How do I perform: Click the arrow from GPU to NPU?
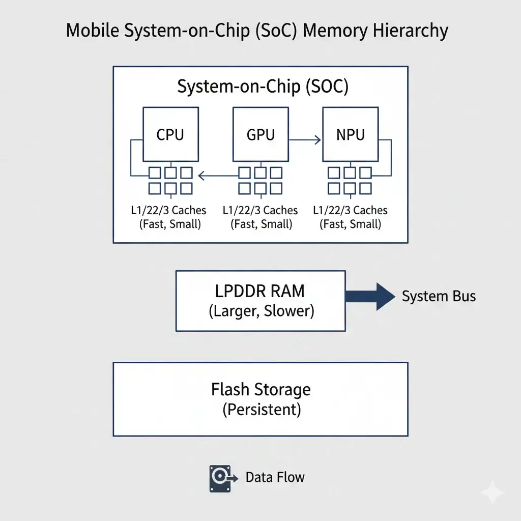click(x=306, y=139)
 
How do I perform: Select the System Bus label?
click(x=439, y=296)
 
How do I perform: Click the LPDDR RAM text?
click(x=260, y=291)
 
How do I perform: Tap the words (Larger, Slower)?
click(x=261, y=311)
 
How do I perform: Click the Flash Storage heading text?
click(x=260, y=390)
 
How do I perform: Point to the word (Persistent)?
click(x=261, y=410)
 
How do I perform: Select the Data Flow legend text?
click(x=275, y=477)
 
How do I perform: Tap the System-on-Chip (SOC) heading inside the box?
click(x=263, y=86)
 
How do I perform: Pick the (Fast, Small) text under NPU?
click(x=350, y=224)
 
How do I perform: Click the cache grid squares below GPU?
click(x=260, y=180)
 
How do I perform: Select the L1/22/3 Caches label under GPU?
click(x=260, y=210)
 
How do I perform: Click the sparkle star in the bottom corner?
click(x=493, y=493)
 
